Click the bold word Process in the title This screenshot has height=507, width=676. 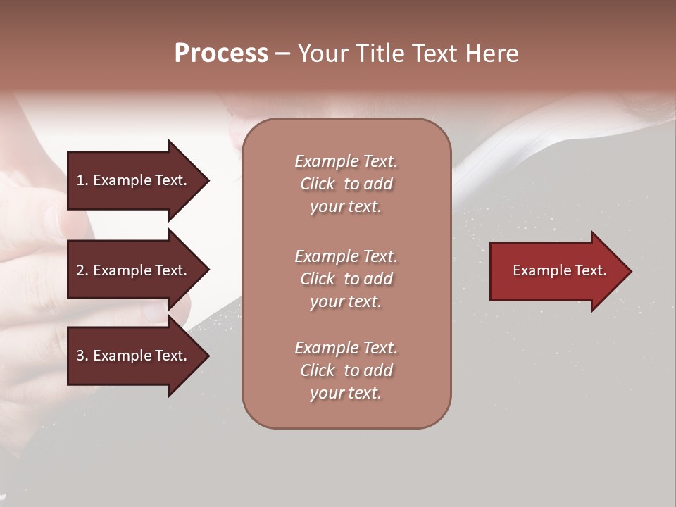221,54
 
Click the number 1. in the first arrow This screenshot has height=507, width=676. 82,180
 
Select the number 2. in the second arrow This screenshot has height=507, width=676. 82,270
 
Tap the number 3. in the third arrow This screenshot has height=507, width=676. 82,356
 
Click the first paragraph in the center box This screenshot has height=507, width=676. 346,184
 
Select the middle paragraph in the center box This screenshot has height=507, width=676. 346,279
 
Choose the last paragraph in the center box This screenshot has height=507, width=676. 346,370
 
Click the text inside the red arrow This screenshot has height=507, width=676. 559,270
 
